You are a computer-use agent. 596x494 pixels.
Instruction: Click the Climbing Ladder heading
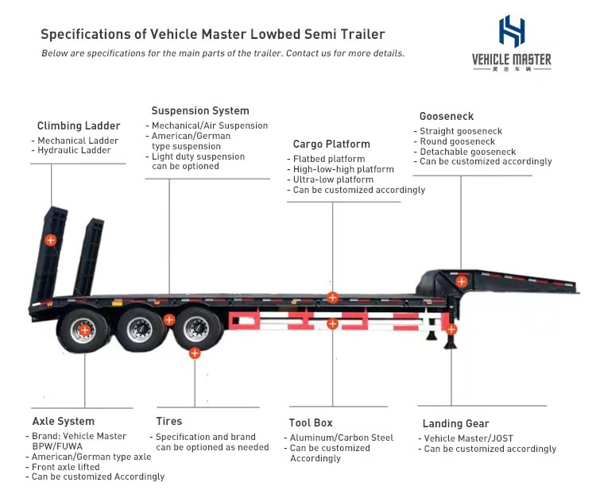click(79, 125)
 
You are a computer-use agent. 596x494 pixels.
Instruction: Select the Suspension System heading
click(200, 111)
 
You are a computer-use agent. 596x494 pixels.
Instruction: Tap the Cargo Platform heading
click(331, 145)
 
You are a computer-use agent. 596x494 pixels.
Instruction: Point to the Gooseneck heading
click(447, 117)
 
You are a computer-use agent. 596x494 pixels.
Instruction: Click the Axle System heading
click(63, 422)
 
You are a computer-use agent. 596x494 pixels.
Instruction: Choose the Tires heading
click(169, 422)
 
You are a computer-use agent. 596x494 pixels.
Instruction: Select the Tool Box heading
click(312, 423)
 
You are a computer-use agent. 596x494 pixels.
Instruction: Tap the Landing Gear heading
click(455, 424)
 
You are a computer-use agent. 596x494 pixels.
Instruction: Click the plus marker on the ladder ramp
click(50, 239)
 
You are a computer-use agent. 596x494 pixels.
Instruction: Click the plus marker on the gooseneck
click(462, 281)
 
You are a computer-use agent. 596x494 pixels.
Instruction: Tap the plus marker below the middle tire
click(195, 353)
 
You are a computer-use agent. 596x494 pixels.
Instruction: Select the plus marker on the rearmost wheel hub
click(85, 329)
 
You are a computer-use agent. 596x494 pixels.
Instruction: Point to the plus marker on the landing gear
click(451, 329)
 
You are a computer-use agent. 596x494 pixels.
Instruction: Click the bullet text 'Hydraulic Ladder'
click(74, 151)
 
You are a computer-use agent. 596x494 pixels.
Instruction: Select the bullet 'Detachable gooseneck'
click(468, 152)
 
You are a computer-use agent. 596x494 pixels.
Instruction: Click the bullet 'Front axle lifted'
click(70, 467)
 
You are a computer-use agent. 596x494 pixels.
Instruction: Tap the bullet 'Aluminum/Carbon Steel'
click(341, 438)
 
